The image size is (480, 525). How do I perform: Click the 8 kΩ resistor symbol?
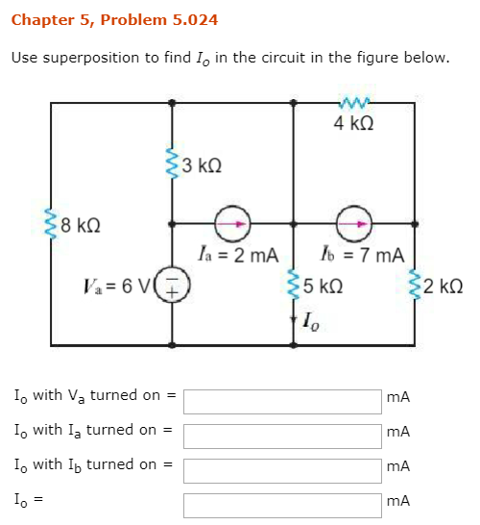[x=51, y=223]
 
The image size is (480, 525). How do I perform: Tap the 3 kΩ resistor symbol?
[x=172, y=163]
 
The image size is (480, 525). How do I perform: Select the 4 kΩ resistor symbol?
[x=354, y=103]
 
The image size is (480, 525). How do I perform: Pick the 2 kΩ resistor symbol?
[x=415, y=285]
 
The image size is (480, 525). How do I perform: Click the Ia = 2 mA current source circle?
[x=232, y=224]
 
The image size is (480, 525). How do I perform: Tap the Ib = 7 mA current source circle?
[x=354, y=224]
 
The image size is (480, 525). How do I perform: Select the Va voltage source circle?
[x=172, y=285]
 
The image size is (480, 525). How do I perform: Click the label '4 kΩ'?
[x=353, y=123]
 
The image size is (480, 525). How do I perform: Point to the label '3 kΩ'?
[x=202, y=165]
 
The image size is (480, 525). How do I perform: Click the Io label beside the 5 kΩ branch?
[x=311, y=321]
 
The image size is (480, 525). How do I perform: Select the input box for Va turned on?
[x=282, y=402]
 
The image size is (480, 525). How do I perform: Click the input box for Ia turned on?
[x=282, y=437]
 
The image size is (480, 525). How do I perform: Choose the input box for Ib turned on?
[x=282, y=471]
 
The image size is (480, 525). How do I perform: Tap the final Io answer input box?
[x=282, y=506]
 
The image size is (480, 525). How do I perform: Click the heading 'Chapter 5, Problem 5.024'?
[x=114, y=20]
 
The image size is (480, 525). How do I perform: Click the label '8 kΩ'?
[x=81, y=225]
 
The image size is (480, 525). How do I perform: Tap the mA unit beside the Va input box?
[x=398, y=397]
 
